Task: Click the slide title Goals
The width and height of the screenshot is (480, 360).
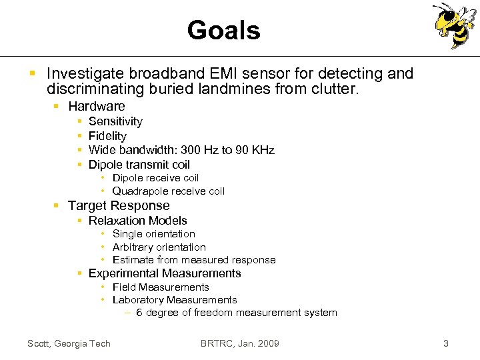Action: (x=223, y=30)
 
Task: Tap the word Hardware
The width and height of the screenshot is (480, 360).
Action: (x=96, y=106)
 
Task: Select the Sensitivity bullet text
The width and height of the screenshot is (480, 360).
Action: (x=115, y=121)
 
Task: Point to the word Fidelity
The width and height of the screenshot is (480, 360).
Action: (x=107, y=136)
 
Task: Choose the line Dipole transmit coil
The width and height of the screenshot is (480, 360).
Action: (x=139, y=165)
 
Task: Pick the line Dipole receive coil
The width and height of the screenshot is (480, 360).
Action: (x=155, y=178)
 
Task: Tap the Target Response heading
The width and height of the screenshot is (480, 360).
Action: (x=119, y=206)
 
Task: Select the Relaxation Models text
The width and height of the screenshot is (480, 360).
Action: (x=137, y=221)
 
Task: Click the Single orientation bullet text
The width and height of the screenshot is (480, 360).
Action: (x=153, y=234)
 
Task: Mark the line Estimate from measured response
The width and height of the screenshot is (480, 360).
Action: (x=193, y=260)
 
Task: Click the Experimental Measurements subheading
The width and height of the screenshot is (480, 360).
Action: (x=165, y=273)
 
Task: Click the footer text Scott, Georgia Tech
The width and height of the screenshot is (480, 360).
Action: (x=69, y=343)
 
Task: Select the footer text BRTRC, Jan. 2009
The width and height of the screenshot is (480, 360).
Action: (x=240, y=343)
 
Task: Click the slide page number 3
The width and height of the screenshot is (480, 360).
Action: (x=446, y=343)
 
